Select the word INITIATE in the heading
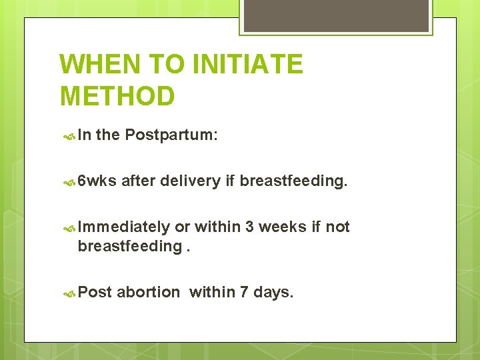(247, 65)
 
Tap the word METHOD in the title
(117, 96)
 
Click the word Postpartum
(170, 135)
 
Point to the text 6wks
(97, 181)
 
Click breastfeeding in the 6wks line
(293, 181)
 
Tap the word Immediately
(124, 227)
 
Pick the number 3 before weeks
(249, 227)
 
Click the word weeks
(283, 227)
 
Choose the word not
(338, 227)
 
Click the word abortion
(149, 292)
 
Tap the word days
(275, 292)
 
